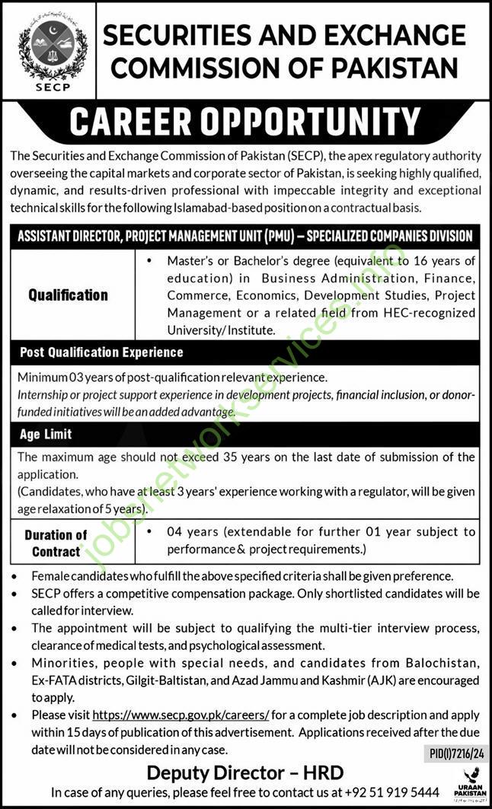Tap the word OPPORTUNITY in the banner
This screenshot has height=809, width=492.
pyautogui.click(x=318, y=122)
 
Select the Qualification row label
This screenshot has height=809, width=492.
pyautogui.click(x=69, y=295)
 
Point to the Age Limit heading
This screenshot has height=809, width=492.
pyautogui.click(x=45, y=434)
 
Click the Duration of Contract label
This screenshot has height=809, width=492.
pyautogui.click(x=56, y=543)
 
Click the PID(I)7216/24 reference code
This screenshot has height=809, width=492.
pyautogui.click(x=451, y=753)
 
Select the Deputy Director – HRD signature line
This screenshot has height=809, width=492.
pyautogui.click(x=245, y=772)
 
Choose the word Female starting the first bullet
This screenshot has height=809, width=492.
pyautogui.click(x=51, y=576)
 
